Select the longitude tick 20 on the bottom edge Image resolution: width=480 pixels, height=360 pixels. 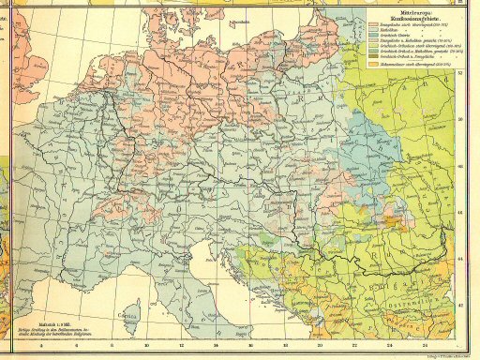320,343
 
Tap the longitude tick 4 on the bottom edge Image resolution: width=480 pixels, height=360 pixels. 43,343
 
